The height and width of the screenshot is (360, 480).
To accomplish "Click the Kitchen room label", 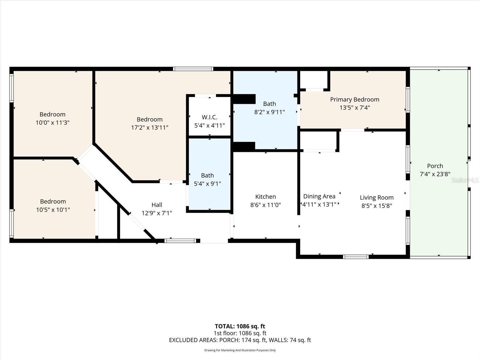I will [265, 197].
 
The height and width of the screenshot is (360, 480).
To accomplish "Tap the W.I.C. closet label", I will [209, 117].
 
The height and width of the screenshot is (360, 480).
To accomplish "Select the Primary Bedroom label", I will [355, 100].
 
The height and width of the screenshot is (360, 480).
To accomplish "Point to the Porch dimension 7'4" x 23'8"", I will [435, 174].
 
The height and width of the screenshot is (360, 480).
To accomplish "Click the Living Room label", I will [376, 198].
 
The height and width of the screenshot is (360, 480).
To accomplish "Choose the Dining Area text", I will [319, 196].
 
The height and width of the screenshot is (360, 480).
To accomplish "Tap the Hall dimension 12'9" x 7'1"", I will [157, 213].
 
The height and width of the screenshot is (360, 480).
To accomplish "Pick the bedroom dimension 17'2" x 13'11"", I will [149, 127].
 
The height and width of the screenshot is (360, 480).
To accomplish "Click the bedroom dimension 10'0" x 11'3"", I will [52, 122].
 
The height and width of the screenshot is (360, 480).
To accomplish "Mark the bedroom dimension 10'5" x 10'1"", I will [53, 210].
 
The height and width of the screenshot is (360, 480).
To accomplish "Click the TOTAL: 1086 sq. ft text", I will [240, 326].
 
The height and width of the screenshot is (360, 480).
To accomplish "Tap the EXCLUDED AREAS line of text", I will [240, 340].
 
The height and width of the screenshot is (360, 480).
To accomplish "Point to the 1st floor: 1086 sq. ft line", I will [240, 333].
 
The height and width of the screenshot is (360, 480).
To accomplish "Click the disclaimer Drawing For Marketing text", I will [240, 350].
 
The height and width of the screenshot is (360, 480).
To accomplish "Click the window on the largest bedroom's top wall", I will [193, 69].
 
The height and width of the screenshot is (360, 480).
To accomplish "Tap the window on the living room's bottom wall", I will [355, 257].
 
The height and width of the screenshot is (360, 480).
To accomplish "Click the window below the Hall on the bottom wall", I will [180, 241].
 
